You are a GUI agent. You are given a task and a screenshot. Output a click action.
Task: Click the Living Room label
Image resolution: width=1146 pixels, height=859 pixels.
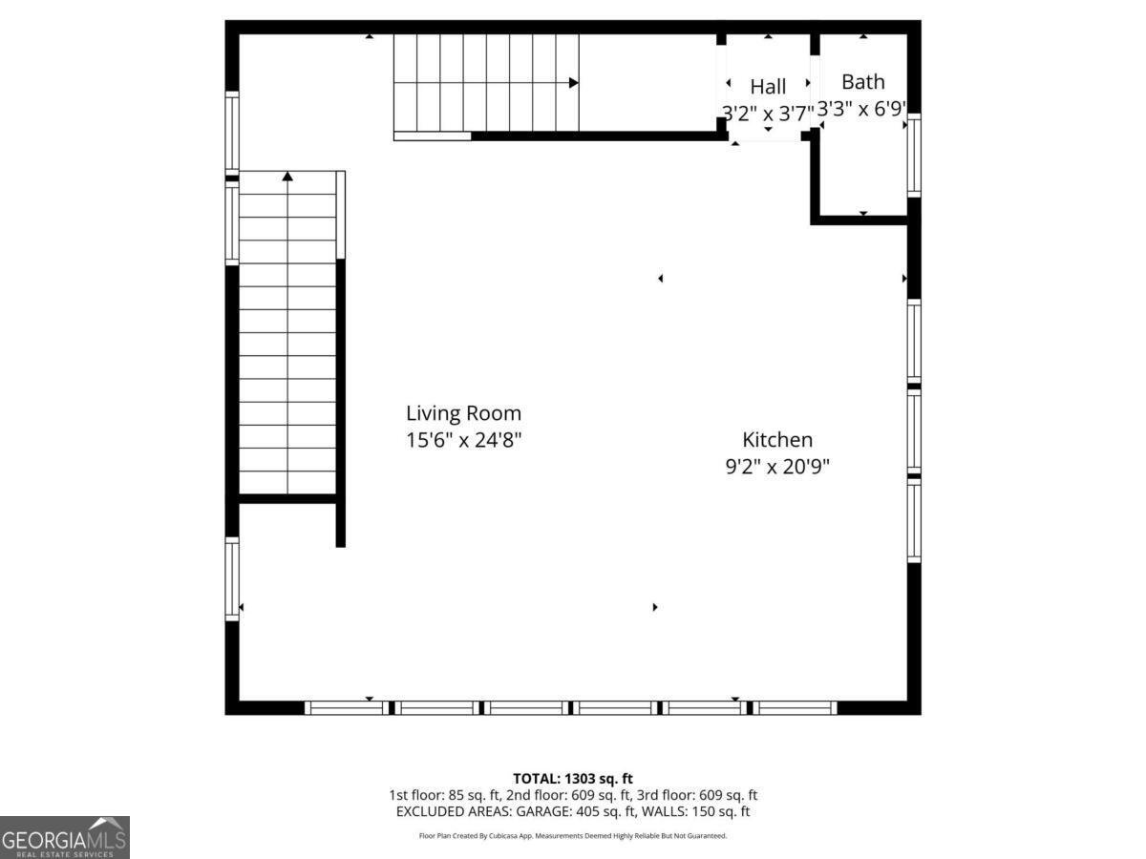pos(464,413)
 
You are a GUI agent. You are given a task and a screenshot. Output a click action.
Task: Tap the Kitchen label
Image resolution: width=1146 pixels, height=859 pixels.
pos(777,440)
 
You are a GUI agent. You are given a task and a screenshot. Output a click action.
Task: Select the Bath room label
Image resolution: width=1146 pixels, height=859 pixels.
pos(862,82)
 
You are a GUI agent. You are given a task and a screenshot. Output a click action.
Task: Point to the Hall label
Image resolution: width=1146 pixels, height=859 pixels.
pos(768,88)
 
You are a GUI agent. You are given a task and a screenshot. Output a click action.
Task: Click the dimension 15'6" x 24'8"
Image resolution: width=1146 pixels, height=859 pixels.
pos(464,441)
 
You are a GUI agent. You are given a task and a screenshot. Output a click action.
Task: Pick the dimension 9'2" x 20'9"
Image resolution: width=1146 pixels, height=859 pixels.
pos(777,468)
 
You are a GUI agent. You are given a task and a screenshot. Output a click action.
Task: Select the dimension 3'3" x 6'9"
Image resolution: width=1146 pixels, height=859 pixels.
pos(861,110)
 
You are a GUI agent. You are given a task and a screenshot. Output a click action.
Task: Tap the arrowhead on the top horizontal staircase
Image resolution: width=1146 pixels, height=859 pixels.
pos(573,83)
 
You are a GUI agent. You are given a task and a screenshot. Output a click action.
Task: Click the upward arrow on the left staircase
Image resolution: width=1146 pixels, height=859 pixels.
pos(287,176)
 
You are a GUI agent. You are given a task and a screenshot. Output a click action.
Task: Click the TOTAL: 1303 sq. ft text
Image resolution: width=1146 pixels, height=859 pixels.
pos(572,779)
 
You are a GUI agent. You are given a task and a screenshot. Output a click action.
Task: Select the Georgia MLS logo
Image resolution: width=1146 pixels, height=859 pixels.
pos(64,838)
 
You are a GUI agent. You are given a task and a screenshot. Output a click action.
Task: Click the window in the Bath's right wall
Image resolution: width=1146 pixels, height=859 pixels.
pos(914,156)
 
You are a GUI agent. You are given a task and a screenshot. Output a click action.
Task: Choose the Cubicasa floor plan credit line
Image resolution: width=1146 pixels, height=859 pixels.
pos(572,836)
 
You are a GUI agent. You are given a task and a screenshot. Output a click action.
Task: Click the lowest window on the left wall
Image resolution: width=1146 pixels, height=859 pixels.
pos(232,579)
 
